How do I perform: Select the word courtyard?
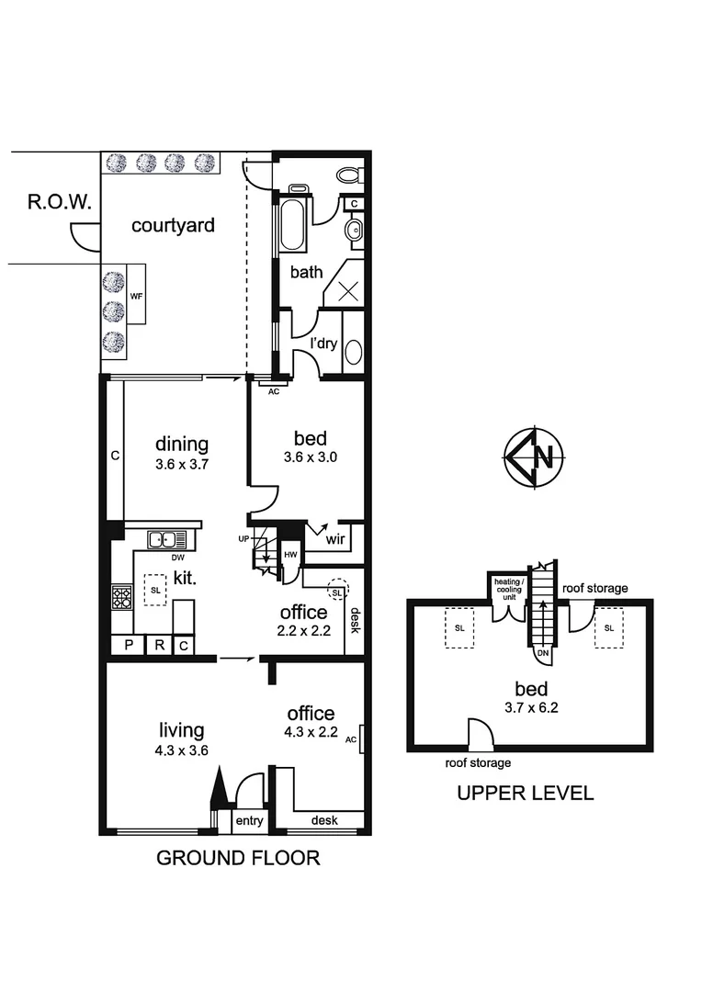pos(173,225)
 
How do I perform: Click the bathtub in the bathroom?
pos(291,221)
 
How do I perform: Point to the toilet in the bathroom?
pos(349,175)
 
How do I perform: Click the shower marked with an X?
pos(348,291)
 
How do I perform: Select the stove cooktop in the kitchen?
pos(121,598)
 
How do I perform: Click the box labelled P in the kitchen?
pos(129,646)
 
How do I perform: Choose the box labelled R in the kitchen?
pos(158,646)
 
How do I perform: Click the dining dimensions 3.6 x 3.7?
pos(182,465)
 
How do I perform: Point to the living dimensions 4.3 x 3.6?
pos(181,750)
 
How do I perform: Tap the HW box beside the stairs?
pos(290,555)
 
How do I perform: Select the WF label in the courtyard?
pos(137,296)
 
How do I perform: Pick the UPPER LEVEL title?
pos(525,793)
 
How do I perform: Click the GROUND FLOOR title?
pos(237,858)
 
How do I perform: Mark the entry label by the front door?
pos(248,820)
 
